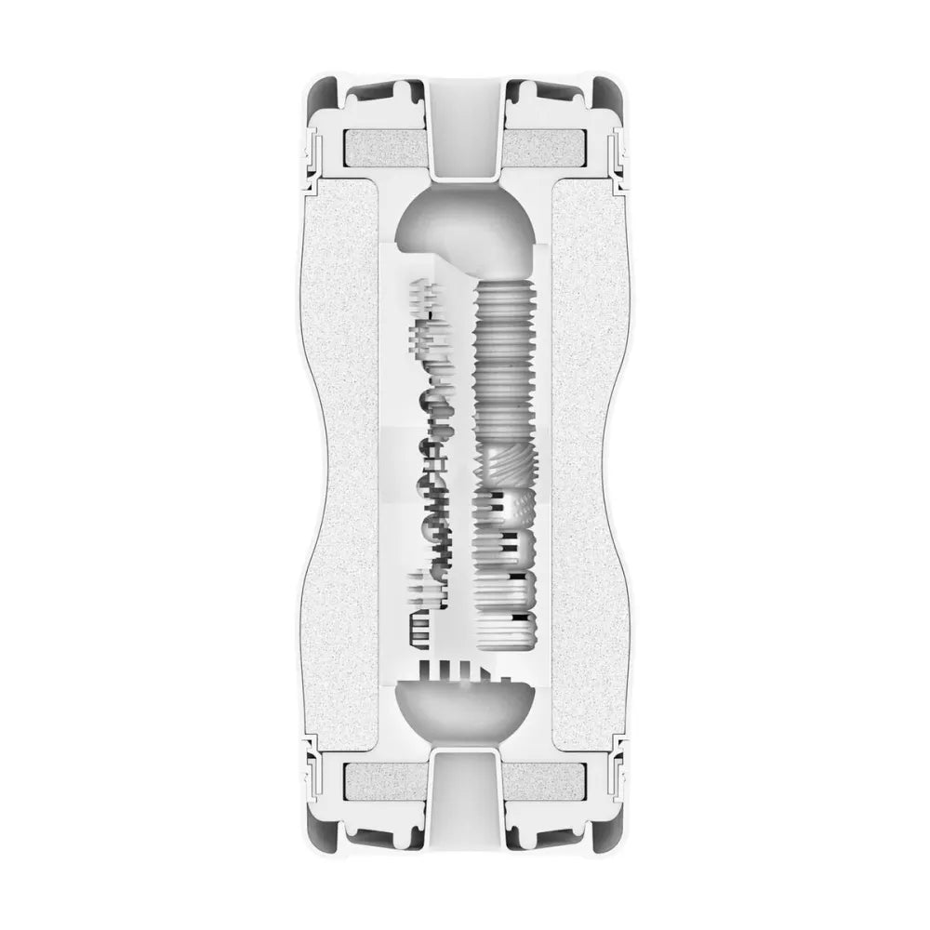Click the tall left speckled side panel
tap(350, 465)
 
